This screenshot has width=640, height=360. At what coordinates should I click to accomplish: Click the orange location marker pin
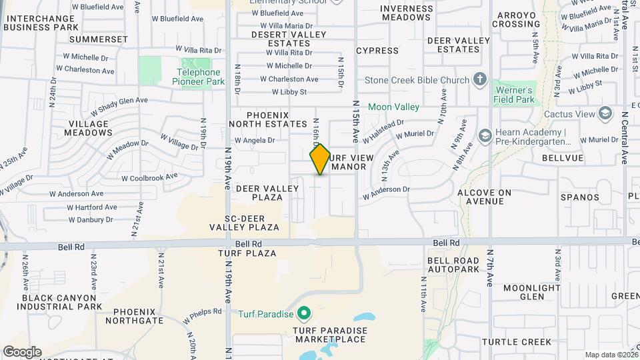click(x=320, y=159)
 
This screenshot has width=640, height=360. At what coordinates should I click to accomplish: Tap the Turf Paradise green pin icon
click(x=305, y=312)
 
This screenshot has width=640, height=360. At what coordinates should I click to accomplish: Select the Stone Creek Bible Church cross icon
click(x=479, y=81)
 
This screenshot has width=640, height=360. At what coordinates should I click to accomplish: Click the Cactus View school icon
click(x=605, y=114)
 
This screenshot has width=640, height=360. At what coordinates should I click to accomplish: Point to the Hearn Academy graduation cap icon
click(x=485, y=136)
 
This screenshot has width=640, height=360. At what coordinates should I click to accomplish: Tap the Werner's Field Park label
click(x=514, y=95)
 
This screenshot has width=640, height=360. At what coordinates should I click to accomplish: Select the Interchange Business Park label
click(x=41, y=23)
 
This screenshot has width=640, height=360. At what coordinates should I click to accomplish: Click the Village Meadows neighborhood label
click(x=88, y=128)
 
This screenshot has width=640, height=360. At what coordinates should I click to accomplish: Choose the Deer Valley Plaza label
click(x=267, y=193)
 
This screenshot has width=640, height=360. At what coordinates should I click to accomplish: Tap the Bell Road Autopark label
click(x=453, y=265)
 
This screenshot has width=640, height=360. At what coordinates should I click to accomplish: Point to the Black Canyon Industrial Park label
click(x=62, y=302)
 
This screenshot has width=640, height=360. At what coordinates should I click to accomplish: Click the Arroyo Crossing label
click(x=516, y=19)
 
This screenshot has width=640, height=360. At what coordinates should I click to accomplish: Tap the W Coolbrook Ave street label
click(x=149, y=177)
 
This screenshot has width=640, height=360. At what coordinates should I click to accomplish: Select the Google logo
click(x=22, y=352)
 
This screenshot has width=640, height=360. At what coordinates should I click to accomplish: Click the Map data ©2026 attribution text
click(x=611, y=355)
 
